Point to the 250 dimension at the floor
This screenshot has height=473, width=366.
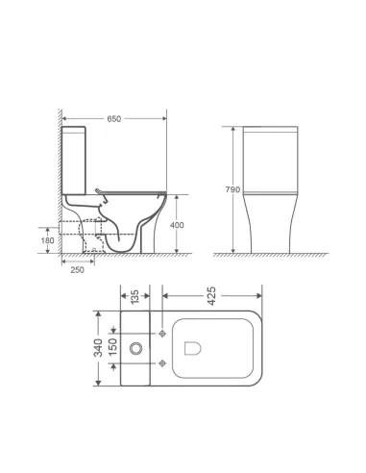pyautogui.click(x=76, y=269)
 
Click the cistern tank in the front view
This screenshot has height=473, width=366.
pyautogui.click(x=268, y=155)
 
